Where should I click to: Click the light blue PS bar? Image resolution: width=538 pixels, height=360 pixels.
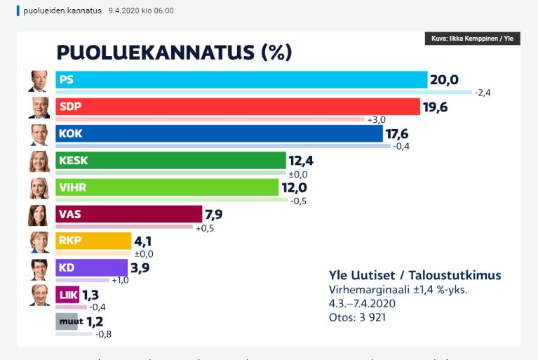click(x=241, y=80)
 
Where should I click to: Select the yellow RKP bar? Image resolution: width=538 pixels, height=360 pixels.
click(x=93, y=241)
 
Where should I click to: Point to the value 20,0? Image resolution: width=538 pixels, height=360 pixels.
click(x=444, y=80)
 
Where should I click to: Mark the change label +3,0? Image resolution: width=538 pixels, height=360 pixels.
click(x=377, y=120)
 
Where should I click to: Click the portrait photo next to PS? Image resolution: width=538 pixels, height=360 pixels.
click(x=39, y=81)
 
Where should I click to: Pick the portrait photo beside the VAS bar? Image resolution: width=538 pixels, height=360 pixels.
click(x=39, y=215)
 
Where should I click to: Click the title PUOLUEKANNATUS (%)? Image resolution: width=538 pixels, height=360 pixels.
click(x=173, y=52)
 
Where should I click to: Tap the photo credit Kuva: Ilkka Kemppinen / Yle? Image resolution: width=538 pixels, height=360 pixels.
click(x=472, y=39)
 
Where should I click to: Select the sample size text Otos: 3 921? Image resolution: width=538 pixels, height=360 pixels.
click(x=358, y=317)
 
